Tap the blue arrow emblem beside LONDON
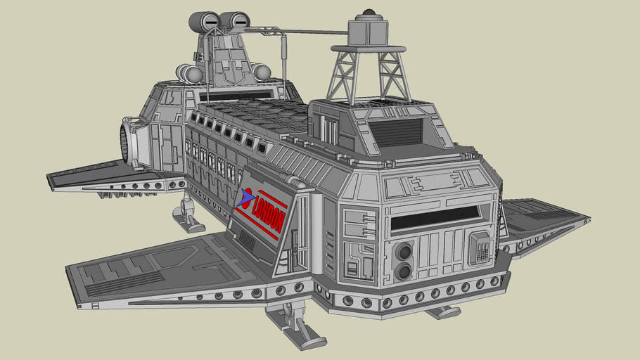(x=245, y=198)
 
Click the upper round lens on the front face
(x=404, y=250)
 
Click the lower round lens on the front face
(x=404, y=271)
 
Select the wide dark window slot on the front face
(x=435, y=217)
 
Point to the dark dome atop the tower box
(x=369, y=12)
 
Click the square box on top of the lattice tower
(x=368, y=32)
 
